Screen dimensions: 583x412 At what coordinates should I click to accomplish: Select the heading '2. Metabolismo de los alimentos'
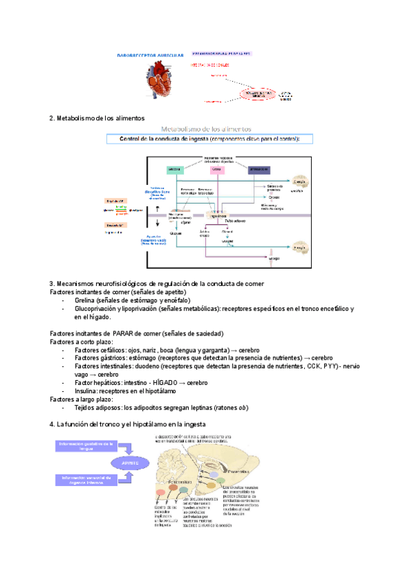106,118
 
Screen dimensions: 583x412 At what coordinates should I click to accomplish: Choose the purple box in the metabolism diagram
259,169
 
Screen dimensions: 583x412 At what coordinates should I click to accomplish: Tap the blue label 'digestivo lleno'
157,192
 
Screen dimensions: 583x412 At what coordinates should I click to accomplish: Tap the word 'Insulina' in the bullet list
87,391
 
